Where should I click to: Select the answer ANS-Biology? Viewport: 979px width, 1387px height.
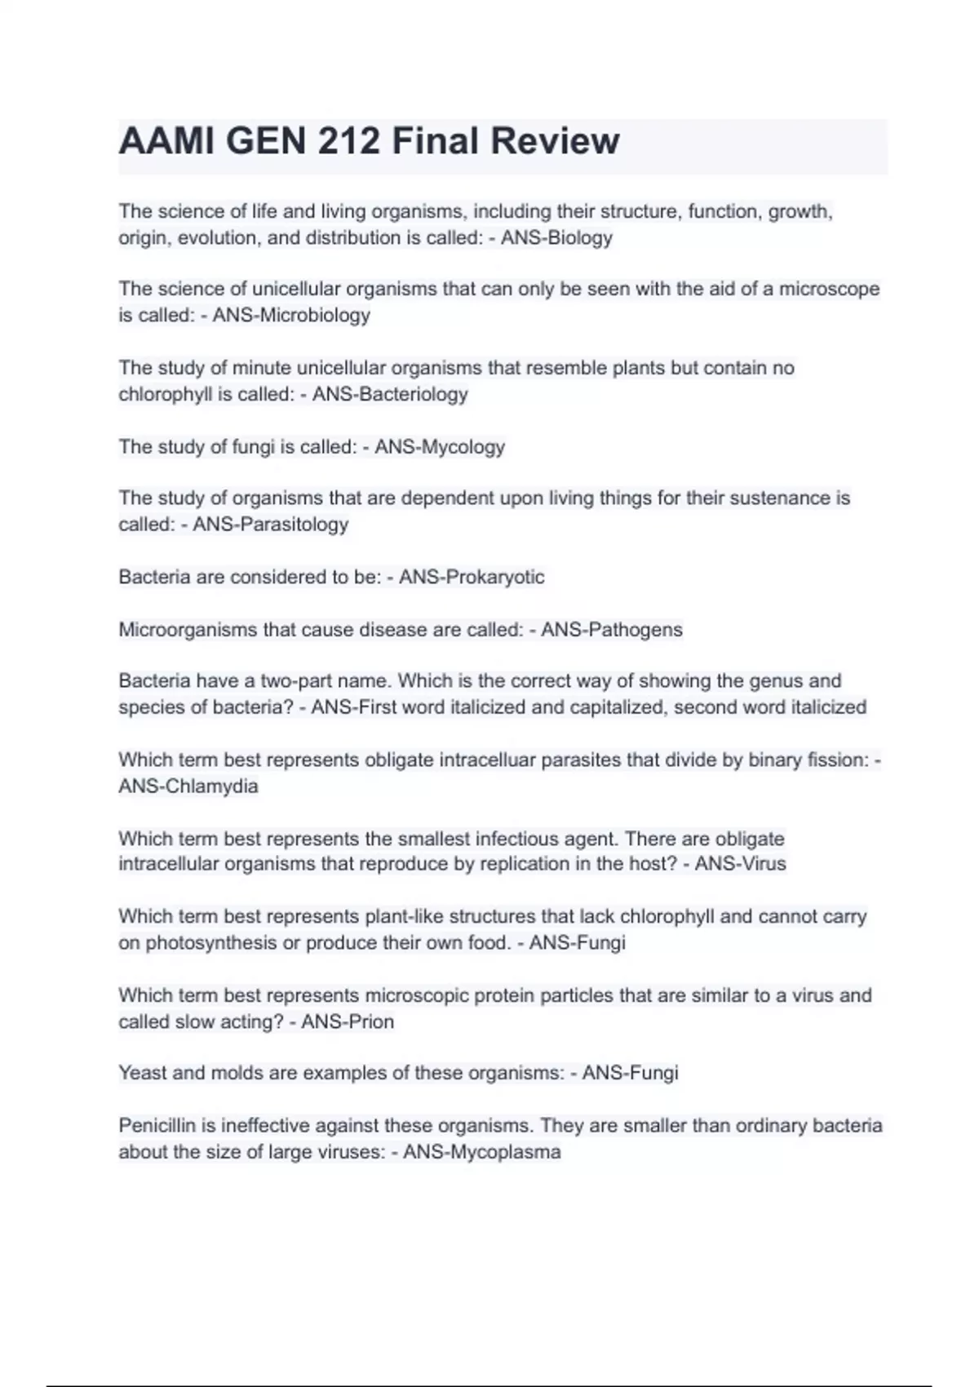pos(556,238)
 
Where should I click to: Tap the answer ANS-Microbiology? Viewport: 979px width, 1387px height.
pos(291,315)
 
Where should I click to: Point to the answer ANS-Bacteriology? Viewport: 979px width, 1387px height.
pos(390,394)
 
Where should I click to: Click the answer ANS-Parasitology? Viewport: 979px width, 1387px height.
pos(270,524)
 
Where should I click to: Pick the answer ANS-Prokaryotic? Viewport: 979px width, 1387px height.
pos(472,577)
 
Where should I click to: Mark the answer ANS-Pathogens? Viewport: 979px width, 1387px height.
pos(612,630)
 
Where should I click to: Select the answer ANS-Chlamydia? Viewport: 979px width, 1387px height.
pos(188,787)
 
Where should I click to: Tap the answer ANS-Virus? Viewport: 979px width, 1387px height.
pos(740,864)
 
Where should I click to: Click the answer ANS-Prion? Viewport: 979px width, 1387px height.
pos(348,1021)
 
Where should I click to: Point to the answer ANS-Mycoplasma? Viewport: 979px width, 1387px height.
pos(482,1152)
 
